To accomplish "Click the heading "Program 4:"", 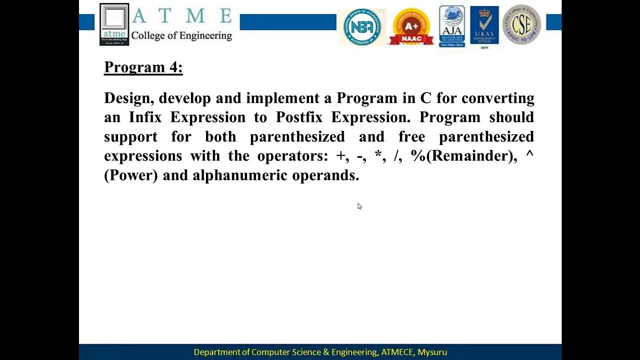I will [x=143, y=67].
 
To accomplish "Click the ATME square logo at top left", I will [x=114, y=24].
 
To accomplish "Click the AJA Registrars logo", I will [x=452, y=26].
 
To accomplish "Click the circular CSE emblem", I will [x=521, y=25].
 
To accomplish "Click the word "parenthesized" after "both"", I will [x=297, y=136].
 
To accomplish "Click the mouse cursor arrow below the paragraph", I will [x=359, y=206].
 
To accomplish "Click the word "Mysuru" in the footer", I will [x=431, y=352].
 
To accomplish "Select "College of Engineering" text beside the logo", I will [x=181, y=35].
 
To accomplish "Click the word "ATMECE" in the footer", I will [x=397, y=352].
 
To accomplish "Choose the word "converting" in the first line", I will [x=497, y=98].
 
